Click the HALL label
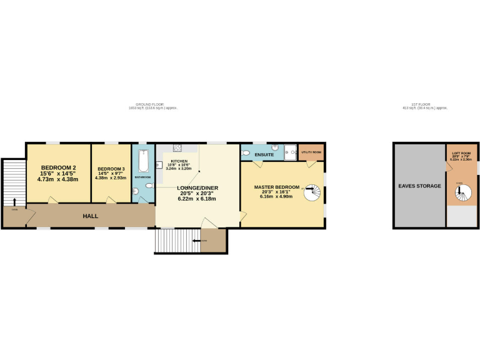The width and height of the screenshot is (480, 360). coord(91,216)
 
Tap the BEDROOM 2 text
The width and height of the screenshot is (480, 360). coord(58,167)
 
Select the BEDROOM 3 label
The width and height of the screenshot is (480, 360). coord(110,169)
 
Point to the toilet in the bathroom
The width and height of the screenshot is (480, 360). coord(147,186)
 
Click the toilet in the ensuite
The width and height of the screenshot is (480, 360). coord(246,152)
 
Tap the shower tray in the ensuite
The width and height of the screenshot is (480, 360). coord(289,151)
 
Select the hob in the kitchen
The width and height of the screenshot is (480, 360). coord(177,149)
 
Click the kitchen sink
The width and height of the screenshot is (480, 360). coord(159,166)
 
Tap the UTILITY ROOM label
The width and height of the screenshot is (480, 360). coord(310,152)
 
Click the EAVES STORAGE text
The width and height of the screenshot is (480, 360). coord(420,186)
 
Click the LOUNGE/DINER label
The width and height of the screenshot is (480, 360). coord(197,187)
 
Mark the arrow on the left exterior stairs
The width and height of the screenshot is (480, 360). coord(14,201)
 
